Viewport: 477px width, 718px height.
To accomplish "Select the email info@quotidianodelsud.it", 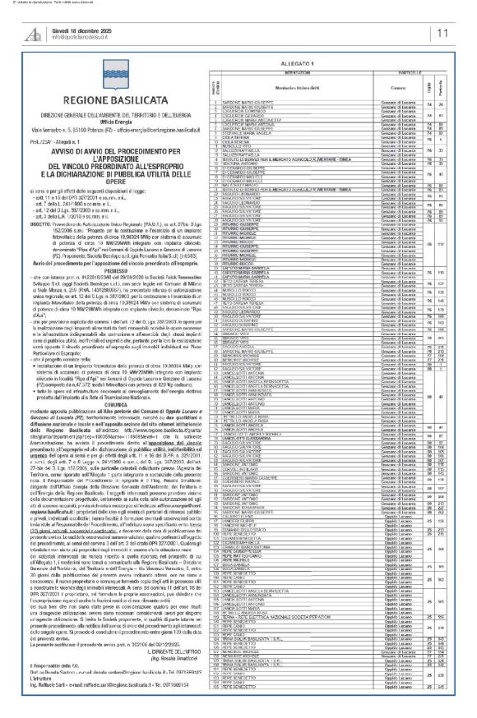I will click(x=86, y=38).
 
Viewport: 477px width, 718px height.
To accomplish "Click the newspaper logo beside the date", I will click(x=34, y=34).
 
